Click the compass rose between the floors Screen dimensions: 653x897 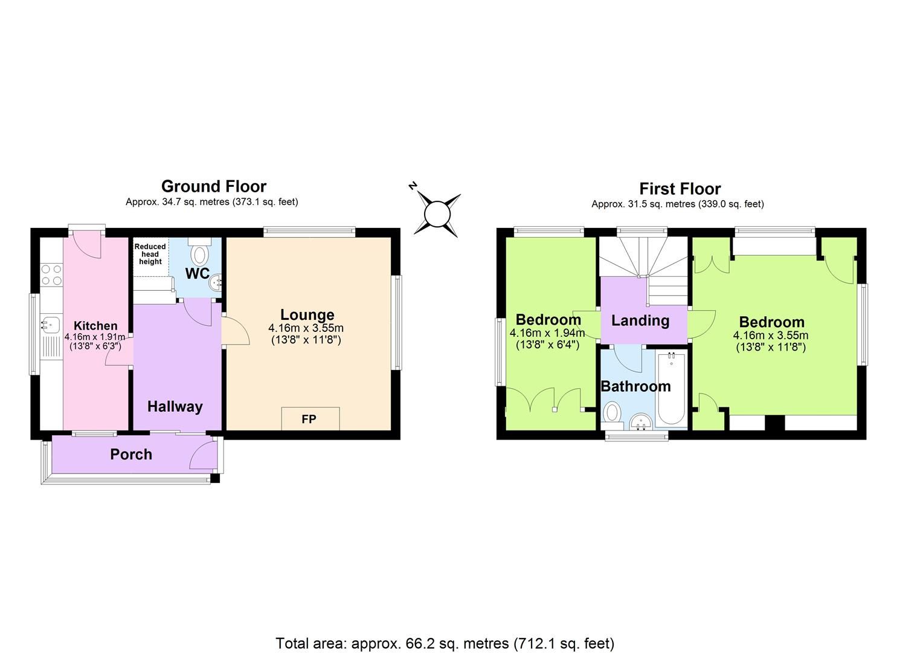pos(437,215)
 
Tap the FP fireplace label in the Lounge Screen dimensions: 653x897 pos(309,419)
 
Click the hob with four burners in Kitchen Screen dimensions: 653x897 pos(51,275)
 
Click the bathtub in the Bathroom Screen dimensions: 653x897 pos(671,390)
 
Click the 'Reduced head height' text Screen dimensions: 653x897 pos(150,254)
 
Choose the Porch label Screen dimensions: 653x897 pos(131,455)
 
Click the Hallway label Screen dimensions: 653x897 pos(175,407)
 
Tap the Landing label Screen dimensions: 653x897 pos(640,320)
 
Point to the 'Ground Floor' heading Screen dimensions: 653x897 pos(213,186)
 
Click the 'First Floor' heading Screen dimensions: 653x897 pos(680,189)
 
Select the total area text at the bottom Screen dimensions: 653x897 pos(445,643)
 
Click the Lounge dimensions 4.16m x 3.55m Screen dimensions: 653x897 pos(306,328)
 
